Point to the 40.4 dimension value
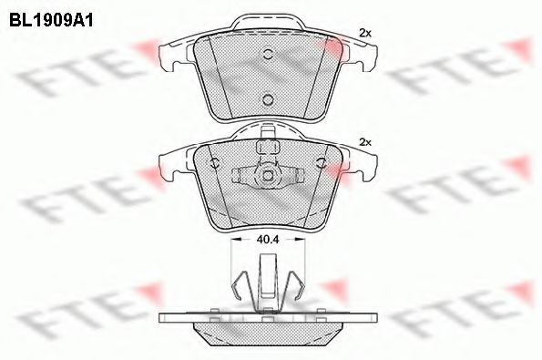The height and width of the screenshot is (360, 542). click(268, 240)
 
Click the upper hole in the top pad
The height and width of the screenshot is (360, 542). click(268, 53)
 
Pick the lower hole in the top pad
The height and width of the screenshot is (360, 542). click(268, 99)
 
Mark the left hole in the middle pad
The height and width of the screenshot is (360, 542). click(215, 164)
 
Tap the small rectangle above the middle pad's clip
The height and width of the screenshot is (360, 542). click(268, 147)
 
